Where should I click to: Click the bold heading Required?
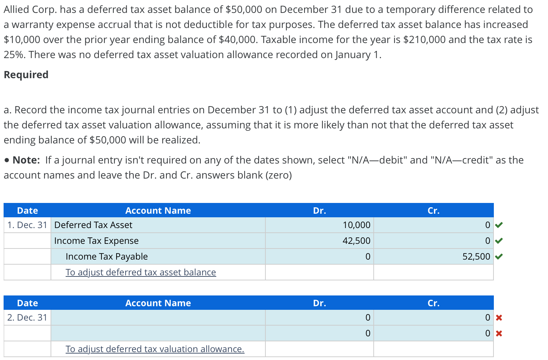26,75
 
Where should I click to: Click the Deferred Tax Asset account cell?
93,225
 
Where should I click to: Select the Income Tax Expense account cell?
96,241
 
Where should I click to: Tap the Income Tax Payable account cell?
107,256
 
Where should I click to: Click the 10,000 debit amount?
356,225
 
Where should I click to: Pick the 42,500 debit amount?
356,241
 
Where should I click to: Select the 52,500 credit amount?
476,256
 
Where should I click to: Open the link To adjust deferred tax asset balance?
141,272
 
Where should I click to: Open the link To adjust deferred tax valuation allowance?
155,349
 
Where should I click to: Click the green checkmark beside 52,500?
499,256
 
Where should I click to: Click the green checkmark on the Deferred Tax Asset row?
499,225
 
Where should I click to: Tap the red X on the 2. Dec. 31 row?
499,318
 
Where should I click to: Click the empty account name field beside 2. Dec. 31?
158,317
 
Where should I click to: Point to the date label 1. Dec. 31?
27,225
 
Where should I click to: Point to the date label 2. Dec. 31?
27,317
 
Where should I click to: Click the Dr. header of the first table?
319,210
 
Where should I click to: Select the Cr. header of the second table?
433,303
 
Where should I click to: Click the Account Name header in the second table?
158,303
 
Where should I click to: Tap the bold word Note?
26,160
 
